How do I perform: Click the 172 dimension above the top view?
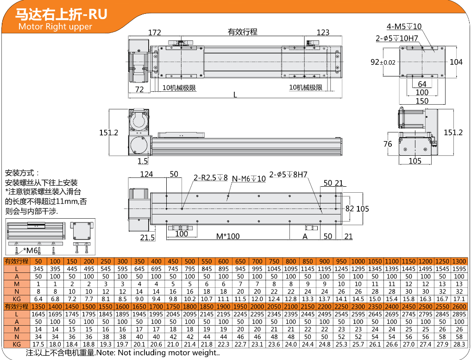coord(155,32)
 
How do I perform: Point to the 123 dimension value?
coord(323,32)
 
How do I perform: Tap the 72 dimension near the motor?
coord(139,89)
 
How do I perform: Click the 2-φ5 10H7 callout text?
coord(397,38)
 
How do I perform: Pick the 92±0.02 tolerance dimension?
coord(383,62)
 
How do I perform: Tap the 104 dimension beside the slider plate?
coord(456,62)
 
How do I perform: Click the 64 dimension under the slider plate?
coord(422,84)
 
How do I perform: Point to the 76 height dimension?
coord(388,144)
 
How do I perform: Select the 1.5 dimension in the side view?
coord(143,161)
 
